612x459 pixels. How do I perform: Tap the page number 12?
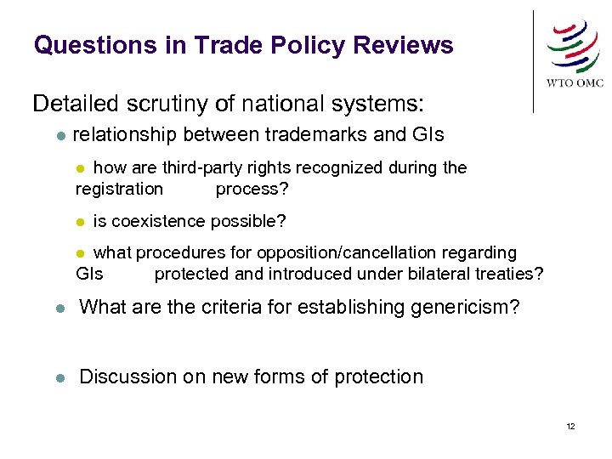coord(570,426)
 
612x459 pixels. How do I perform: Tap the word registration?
coord(119,189)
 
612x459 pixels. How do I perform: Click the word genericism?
coord(455,307)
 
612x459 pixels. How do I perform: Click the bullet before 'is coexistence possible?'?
coord(80,223)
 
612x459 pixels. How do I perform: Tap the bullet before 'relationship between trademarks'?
coord(56,135)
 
